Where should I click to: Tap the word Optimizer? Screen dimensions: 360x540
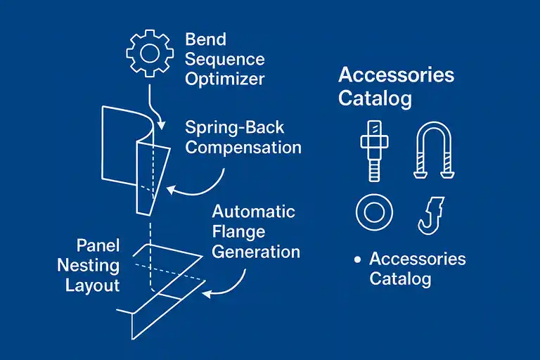click(225, 79)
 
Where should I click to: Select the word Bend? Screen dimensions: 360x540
click(206, 39)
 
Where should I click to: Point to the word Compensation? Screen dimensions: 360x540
click(243, 148)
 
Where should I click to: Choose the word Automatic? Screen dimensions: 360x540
click(254, 212)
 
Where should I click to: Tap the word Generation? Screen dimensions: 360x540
click(256, 252)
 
